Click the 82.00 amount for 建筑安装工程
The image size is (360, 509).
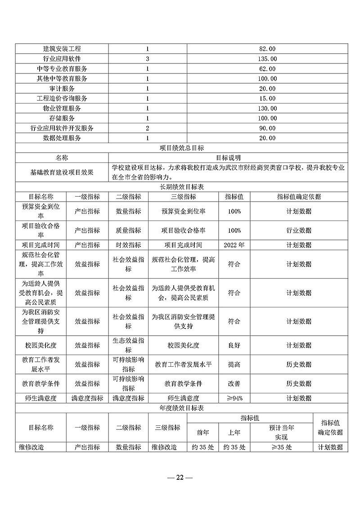pos(268,49)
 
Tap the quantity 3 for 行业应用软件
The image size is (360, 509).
pos(147,59)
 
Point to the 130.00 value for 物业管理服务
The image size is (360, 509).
pos(268,108)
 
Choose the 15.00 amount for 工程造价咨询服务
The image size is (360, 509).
pos(268,98)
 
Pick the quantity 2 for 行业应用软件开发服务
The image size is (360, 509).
pos(147,128)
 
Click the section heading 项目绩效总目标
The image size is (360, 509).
pos(182,148)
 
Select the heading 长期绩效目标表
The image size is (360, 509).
pos(182,187)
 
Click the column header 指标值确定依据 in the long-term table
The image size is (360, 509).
pos(299,197)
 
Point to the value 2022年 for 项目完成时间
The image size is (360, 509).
pos(234,245)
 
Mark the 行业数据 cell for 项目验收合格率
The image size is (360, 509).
pos(299,230)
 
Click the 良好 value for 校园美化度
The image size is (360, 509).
pos(234,345)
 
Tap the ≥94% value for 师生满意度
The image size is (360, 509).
pos(234,398)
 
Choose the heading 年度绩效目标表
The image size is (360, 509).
pos(182,408)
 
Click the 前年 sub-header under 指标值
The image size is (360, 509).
pos(203,432)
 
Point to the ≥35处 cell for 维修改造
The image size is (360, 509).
pos(282,447)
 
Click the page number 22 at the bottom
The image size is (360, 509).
pos(180,477)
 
